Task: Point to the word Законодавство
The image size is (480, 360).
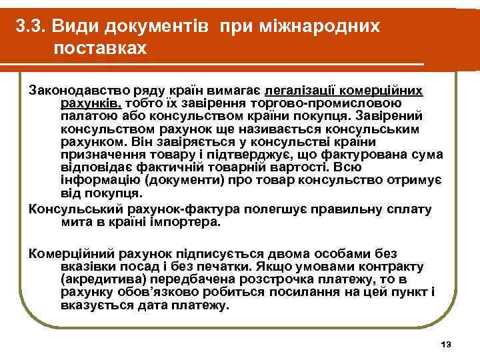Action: click(x=74, y=90)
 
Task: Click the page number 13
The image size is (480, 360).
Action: click(x=446, y=344)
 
